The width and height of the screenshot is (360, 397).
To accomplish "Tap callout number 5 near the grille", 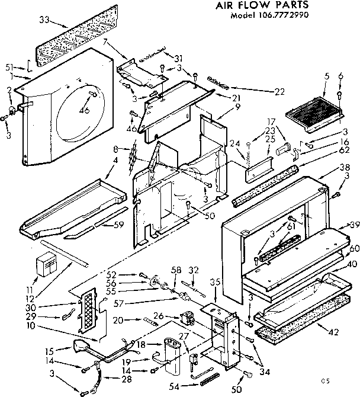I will click(326, 76).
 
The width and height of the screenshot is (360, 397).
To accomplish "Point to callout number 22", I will click(280, 92).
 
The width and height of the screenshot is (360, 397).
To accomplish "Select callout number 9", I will click(220, 107).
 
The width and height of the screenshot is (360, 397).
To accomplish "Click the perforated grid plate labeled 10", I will click(87, 310).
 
